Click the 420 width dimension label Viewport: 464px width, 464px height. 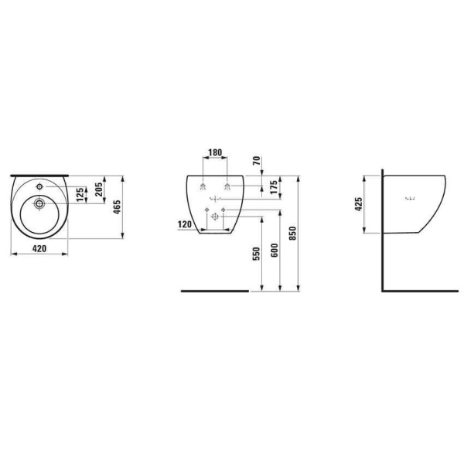point(39,248)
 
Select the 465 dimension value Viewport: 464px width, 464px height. point(118,207)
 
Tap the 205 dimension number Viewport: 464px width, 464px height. point(99,189)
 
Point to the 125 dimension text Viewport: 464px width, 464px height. point(80,194)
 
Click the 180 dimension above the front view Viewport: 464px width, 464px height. point(215,152)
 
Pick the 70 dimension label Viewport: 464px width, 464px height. point(257,160)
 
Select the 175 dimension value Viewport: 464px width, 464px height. point(274,187)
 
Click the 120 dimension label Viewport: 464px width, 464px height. point(185,224)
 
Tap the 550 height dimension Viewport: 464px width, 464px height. point(256,254)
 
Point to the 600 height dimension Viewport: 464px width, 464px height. point(275,250)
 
